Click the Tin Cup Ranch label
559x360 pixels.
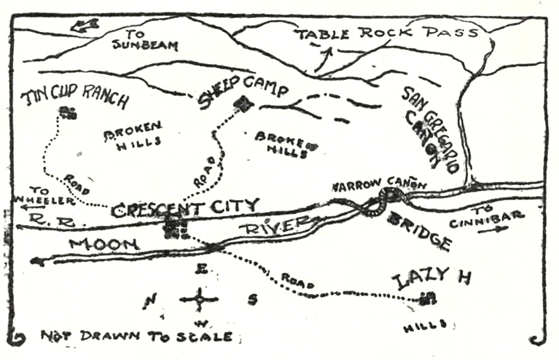click(75, 97)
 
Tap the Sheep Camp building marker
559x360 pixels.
click(243, 104)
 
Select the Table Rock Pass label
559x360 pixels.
click(386, 33)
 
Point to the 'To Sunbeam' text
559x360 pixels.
click(145, 40)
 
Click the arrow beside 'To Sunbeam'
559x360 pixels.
click(85, 26)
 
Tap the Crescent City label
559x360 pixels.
click(186, 207)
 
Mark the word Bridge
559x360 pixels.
click(419, 231)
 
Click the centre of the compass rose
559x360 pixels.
click(200, 300)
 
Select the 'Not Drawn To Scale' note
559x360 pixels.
click(136, 336)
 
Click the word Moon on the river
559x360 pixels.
click(104, 244)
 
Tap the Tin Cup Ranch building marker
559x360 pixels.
click(67, 113)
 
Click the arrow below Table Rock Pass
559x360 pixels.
click(321, 61)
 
